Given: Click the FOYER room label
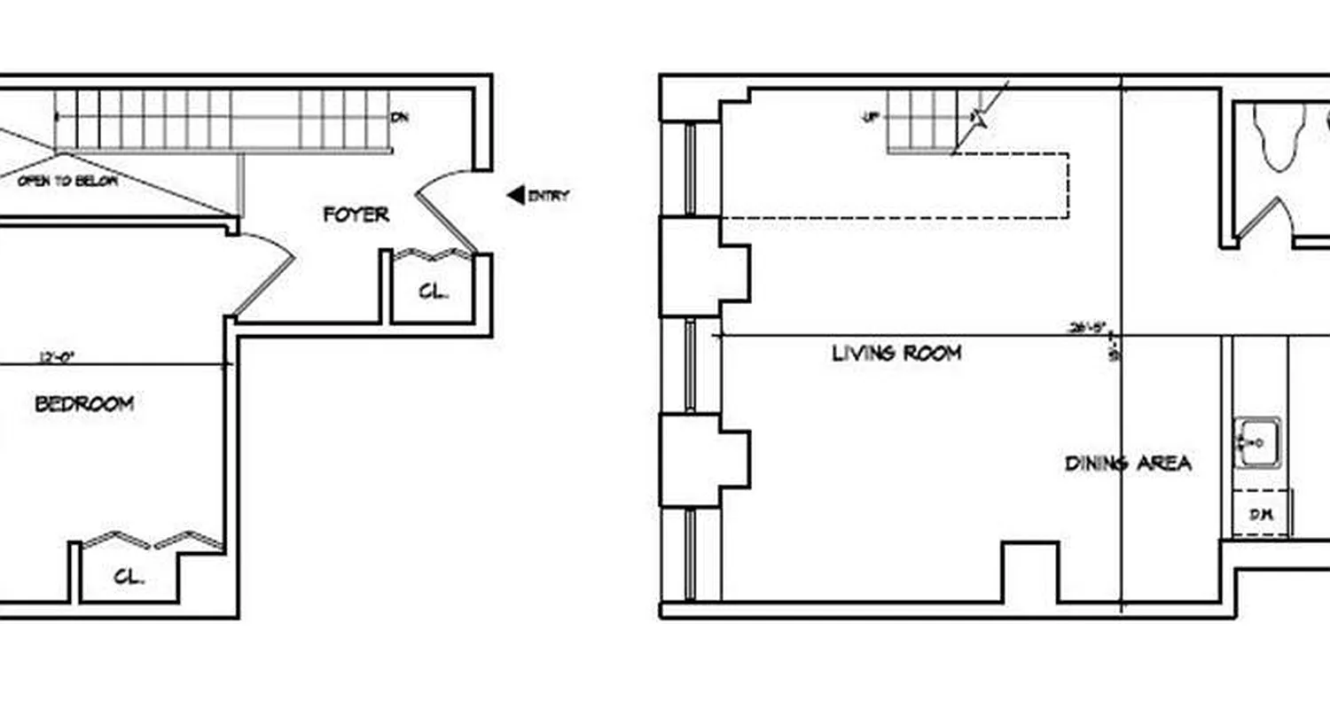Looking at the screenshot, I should (x=356, y=214).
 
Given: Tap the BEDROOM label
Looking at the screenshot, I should (x=84, y=404).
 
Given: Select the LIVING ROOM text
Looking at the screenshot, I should (x=896, y=353).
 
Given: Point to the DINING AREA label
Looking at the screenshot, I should (x=1128, y=464).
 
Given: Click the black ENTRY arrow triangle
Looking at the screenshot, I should (x=515, y=195).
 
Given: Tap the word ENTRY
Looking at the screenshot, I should (x=549, y=196).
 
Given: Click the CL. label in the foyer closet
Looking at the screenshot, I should (x=433, y=292).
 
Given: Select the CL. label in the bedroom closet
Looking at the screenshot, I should (x=129, y=576).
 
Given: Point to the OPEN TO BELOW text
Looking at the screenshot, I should (x=67, y=181).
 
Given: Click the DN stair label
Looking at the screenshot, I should (x=400, y=117).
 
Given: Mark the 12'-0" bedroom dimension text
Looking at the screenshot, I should (x=57, y=358).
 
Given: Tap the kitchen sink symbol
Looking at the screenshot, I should (x=1257, y=441).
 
